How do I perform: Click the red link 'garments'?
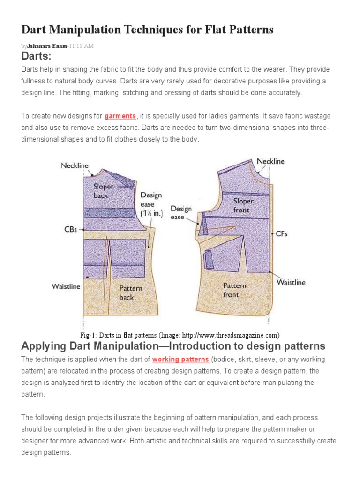[120, 116]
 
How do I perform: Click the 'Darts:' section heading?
[36, 57]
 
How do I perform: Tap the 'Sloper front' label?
[243, 205]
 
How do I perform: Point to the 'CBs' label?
[70, 230]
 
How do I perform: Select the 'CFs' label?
[281, 233]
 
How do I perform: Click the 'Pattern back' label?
[130, 292]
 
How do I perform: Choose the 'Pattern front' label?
[234, 290]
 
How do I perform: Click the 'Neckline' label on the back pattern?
[74, 165]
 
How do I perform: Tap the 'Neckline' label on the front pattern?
[270, 161]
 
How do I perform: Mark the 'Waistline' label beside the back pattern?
[66, 286]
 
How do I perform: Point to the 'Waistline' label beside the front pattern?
[291, 282]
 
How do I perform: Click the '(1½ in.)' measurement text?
[150, 213]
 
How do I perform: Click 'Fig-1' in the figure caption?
[88, 335]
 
